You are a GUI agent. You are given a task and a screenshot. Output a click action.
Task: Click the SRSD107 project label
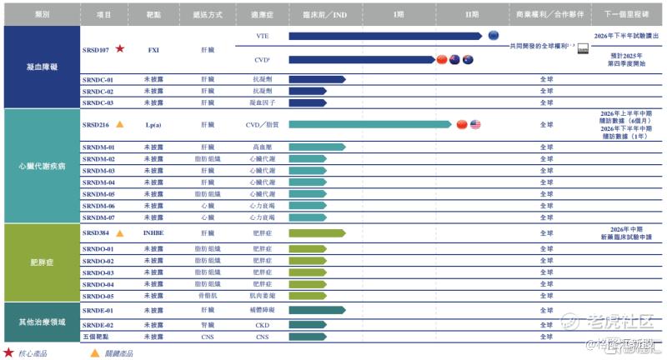click(x=98, y=50)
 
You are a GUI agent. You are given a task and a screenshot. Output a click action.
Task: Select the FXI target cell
click(x=153, y=50)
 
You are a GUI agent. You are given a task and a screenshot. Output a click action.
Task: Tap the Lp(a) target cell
click(x=153, y=124)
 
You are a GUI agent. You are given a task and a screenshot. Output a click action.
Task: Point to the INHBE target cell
click(x=153, y=233)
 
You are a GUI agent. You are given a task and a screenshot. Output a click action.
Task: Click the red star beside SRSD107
click(x=120, y=50)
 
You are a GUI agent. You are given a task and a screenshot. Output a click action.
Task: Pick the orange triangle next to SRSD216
click(x=120, y=124)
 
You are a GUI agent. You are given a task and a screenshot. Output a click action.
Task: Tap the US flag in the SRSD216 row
click(x=475, y=124)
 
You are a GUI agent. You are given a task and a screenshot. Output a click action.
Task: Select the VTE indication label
click(x=263, y=36)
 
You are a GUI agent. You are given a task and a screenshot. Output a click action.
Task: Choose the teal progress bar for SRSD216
click(x=370, y=124)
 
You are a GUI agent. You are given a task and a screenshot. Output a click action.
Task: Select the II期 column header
click(x=471, y=15)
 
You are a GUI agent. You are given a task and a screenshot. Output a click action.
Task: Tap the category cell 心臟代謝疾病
click(x=42, y=165)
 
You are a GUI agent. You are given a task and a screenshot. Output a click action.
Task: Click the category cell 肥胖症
click(x=42, y=262)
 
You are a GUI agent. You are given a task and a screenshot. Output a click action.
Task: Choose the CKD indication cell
click(x=263, y=325)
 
